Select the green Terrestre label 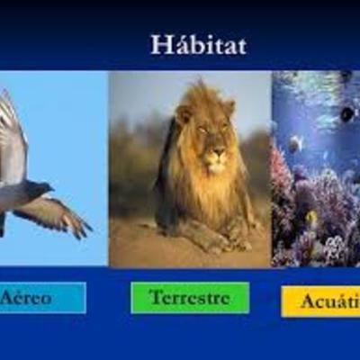[190, 297]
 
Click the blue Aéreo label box [40, 297]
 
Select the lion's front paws [220, 240]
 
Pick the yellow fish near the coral [311, 217]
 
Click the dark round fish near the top [347, 113]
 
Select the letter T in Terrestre [156, 296]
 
